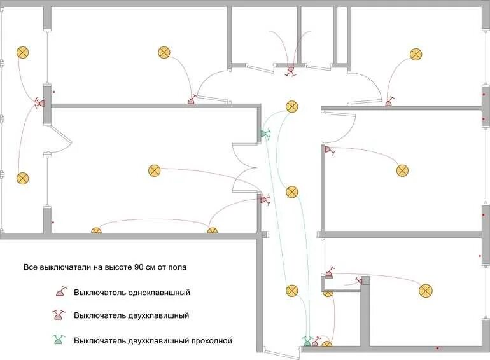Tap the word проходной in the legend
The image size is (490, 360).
pos(208,341)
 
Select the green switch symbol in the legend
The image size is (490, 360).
pos(59,340)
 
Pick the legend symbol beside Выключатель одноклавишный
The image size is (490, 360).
pos(60,292)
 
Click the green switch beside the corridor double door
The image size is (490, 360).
pos(263,134)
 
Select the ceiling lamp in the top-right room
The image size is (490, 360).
pos(416,54)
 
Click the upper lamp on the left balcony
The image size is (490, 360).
pos(23,53)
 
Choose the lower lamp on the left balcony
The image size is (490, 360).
pos(23,178)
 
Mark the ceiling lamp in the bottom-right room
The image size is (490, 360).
pos(425,291)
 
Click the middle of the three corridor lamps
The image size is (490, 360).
pos(291,191)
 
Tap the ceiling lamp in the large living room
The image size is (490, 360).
pos(154,170)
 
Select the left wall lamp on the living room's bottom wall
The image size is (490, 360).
pos(96,231)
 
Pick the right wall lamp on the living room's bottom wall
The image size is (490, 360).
pos(212,231)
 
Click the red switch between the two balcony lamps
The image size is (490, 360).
pos(39,102)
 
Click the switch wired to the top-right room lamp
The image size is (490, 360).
pos(389,102)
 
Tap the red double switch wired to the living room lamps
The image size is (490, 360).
pos(263,199)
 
